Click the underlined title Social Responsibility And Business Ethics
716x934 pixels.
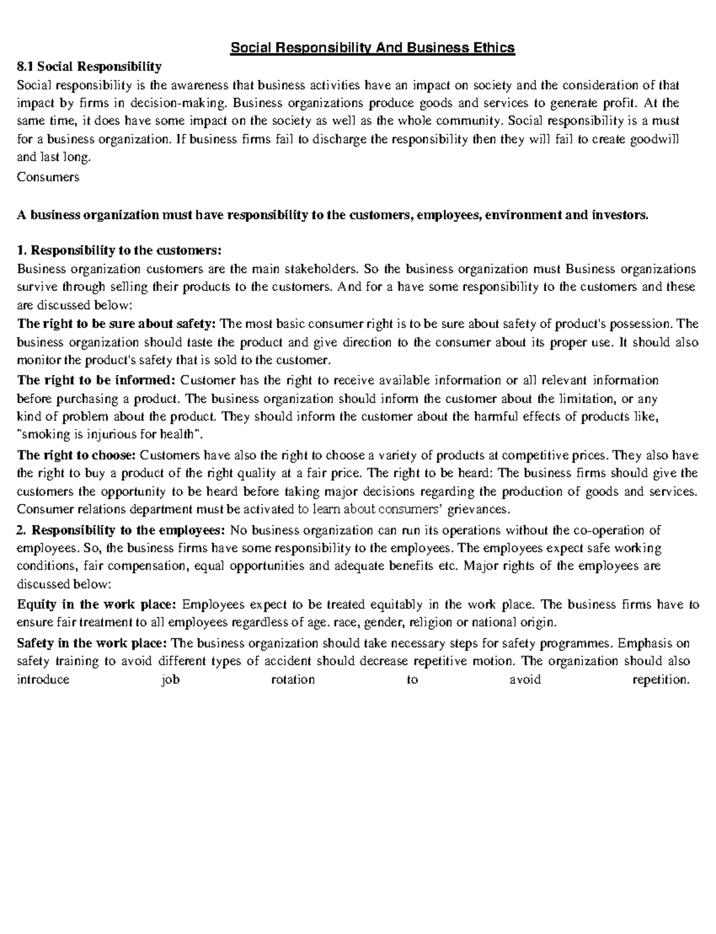(x=372, y=47)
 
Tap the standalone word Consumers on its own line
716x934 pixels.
(x=48, y=177)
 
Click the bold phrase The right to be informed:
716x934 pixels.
(x=97, y=380)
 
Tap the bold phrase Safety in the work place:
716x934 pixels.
(x=92, y=644)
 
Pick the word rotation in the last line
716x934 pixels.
(x=293, y=680)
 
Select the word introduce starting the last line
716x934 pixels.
(x=44, y=680)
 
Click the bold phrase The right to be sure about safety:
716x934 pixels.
(x=117, y=324)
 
